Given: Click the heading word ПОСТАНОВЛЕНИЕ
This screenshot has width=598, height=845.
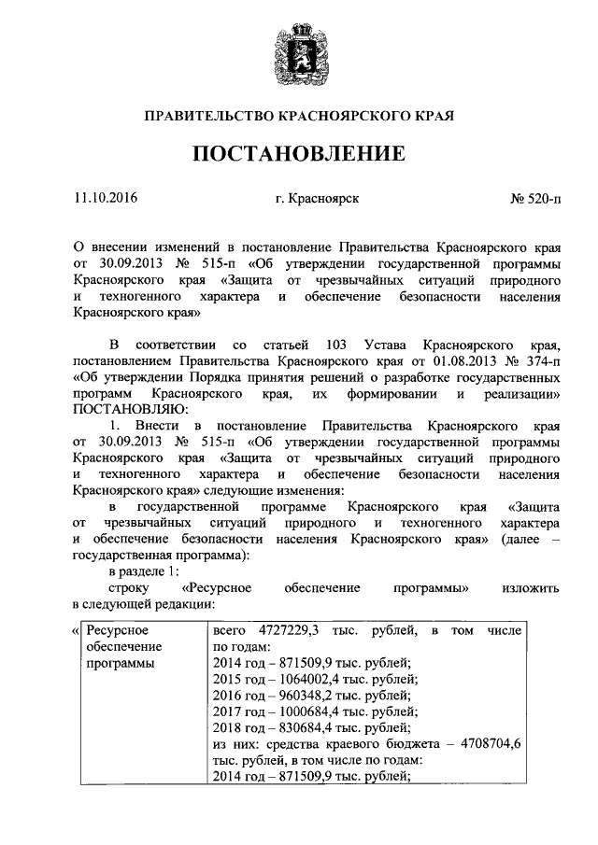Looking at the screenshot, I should [299, 154].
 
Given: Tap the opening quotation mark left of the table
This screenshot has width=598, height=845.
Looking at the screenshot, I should [75, 632].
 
